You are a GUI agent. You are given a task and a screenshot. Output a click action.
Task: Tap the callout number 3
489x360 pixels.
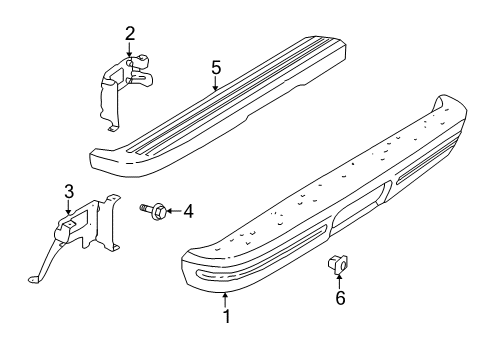68,191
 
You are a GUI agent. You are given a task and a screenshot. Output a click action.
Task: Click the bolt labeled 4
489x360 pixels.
153,210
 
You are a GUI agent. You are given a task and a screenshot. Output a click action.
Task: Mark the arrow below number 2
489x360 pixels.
130,52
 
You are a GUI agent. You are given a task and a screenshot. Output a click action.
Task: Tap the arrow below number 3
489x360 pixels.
68,207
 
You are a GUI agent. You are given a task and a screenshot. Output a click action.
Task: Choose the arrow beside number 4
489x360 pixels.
170,210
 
